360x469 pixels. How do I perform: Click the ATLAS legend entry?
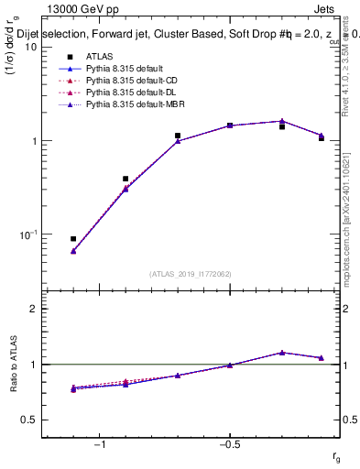98,57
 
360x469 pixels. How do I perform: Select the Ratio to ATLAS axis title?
15,365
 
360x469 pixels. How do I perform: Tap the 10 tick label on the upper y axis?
29,47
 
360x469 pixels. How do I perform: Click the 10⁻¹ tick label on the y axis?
26,234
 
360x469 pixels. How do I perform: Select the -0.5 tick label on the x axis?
229,444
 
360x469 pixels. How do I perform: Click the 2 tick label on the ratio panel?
33,309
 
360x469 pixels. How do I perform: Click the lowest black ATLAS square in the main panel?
73,239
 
